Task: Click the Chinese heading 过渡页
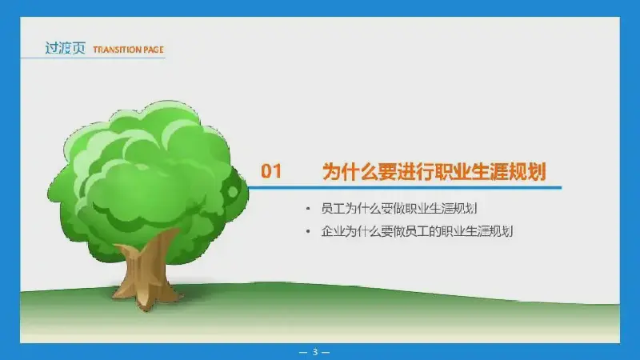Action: (65, 48)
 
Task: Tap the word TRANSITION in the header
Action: (117, 50)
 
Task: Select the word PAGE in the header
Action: (154, 50)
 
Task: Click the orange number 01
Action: (271, 171)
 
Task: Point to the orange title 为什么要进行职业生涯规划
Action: (434, 171)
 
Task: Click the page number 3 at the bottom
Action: (314, 351)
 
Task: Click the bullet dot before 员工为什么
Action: (308, 209)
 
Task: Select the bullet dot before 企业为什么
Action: (308, 232)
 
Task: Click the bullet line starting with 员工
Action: (399, 209)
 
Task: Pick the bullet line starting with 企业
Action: (417, 231)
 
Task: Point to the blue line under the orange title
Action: (404, 188)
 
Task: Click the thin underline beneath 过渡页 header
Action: (93, 58)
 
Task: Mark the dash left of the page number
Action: (303, 352)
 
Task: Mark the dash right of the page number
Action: (326, 352)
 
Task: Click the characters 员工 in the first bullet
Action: (333, 209)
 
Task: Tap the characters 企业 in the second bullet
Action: (333, 231)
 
